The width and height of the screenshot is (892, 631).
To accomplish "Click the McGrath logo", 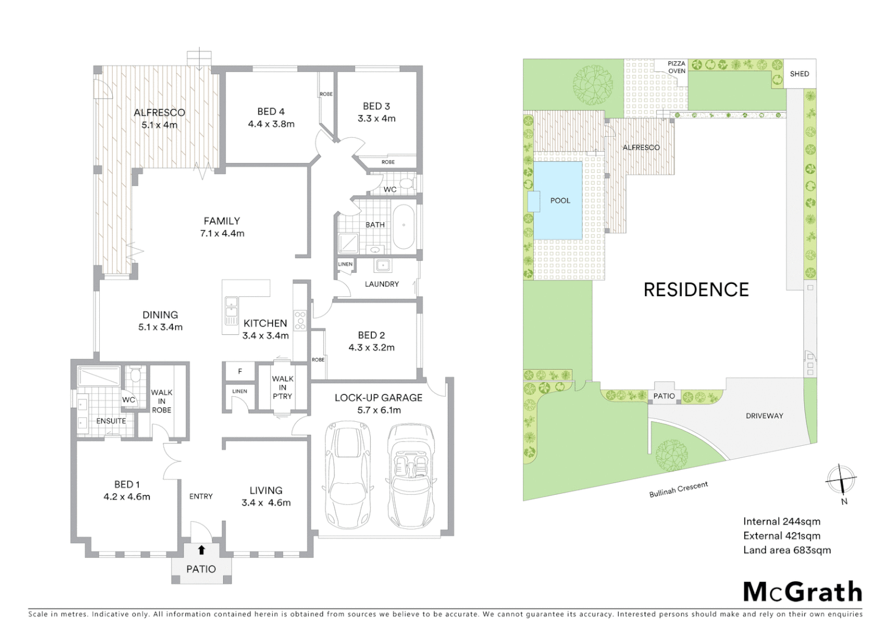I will pos(803,592).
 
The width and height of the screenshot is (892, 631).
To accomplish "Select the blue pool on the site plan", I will pos(559,200).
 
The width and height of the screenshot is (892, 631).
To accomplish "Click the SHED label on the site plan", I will pos(799,74).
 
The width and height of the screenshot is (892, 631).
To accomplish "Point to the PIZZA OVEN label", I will pos(677,67).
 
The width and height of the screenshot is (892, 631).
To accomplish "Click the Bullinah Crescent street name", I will pos(678,490).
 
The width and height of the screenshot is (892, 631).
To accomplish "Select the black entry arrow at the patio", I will pos(201,550).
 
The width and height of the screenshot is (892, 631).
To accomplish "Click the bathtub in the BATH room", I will pos(403,227).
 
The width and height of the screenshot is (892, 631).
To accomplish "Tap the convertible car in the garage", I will pos(411,473).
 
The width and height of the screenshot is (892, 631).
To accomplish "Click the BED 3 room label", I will pos(376,106).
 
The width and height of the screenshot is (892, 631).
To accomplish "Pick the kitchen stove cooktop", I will pos(300,321).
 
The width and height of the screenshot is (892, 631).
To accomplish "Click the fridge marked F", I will pos(240,372).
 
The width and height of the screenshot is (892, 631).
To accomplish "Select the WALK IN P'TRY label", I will pos(283,387).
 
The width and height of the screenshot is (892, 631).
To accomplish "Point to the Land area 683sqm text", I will pos(786,550).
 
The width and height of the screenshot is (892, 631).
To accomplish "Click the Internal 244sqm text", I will pos(781,522).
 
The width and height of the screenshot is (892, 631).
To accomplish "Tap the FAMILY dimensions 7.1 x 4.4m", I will pos(222,234).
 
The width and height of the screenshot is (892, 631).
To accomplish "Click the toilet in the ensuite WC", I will pos(135,375).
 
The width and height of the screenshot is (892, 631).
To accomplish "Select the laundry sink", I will pos(383,266).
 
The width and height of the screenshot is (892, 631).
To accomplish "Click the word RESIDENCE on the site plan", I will pos(696,290).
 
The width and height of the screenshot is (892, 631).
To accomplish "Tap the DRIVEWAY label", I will pos(764,416).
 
